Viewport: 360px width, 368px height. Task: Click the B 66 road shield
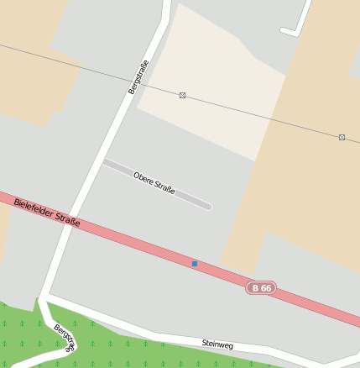261,288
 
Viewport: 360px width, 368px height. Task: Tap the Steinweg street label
216,344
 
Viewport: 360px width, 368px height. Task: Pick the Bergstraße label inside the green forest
65,337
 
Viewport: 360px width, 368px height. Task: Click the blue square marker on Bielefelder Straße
195,264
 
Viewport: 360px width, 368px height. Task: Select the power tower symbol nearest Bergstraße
182,95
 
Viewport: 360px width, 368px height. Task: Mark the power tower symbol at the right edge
342,136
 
